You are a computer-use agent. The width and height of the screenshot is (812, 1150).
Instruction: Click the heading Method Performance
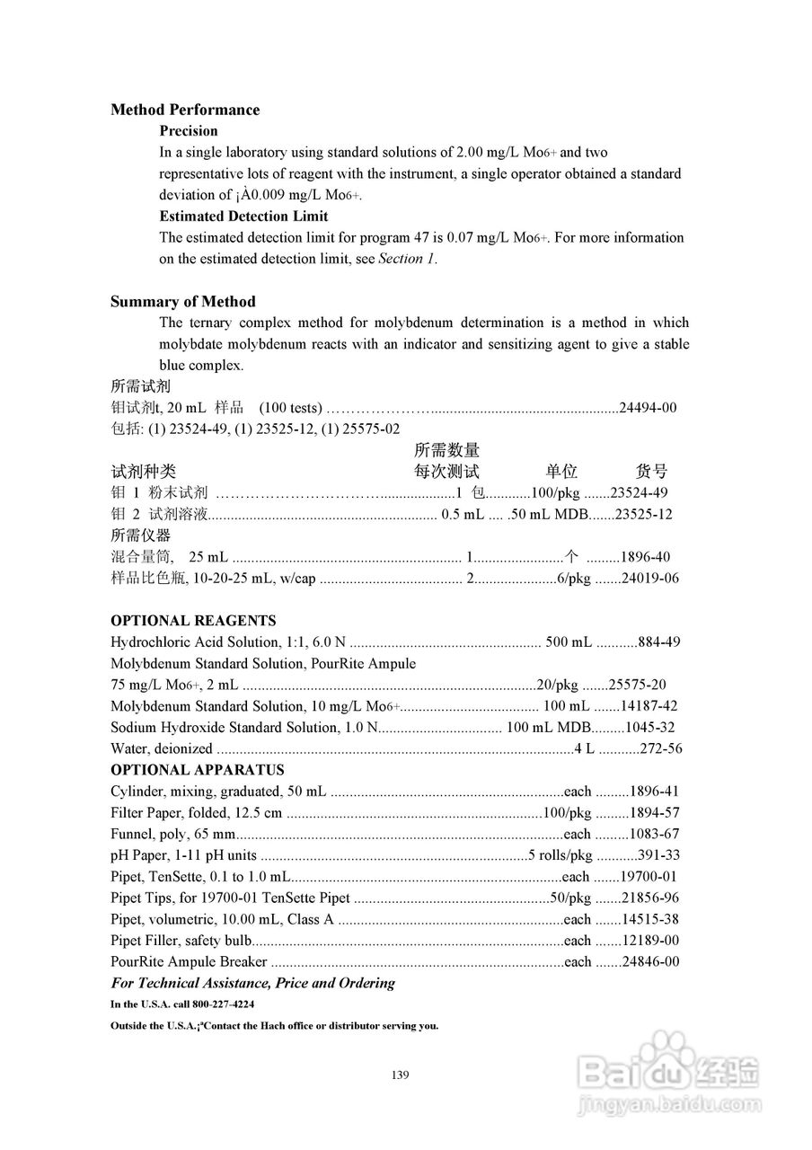click(x=185, y=110)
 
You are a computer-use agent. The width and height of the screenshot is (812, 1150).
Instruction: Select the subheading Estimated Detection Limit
click(x=243, y=217)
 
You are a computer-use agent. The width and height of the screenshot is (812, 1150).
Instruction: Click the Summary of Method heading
click(x=182, y=302)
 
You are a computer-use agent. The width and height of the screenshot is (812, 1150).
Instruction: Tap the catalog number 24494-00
click(x=648, y=408)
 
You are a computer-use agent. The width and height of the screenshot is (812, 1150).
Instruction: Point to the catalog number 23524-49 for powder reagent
click(x=639, y=493)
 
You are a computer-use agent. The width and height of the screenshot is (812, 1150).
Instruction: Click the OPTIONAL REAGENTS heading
click(x=193, y=621)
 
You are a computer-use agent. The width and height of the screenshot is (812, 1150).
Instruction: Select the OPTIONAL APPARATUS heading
click(x=197, y=770)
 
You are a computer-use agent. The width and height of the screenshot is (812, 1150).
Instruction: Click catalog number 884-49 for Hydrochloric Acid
click(x=658, y=642)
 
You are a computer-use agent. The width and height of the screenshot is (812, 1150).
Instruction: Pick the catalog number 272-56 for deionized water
click(x=659, y=748)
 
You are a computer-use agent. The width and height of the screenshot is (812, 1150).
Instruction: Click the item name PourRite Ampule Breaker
click(x=189, y=962)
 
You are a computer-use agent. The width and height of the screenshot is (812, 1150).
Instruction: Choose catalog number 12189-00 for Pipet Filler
click(x=649, y=941)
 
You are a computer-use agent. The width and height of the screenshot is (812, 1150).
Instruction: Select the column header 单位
click(x=561, y=472)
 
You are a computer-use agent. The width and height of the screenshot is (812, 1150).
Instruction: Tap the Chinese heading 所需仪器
click(x=140, y=535)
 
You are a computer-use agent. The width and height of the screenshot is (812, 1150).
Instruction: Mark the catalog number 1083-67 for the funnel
click(x=654, y=834)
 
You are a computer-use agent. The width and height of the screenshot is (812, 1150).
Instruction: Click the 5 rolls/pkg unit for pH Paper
click(x=560, y=855)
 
